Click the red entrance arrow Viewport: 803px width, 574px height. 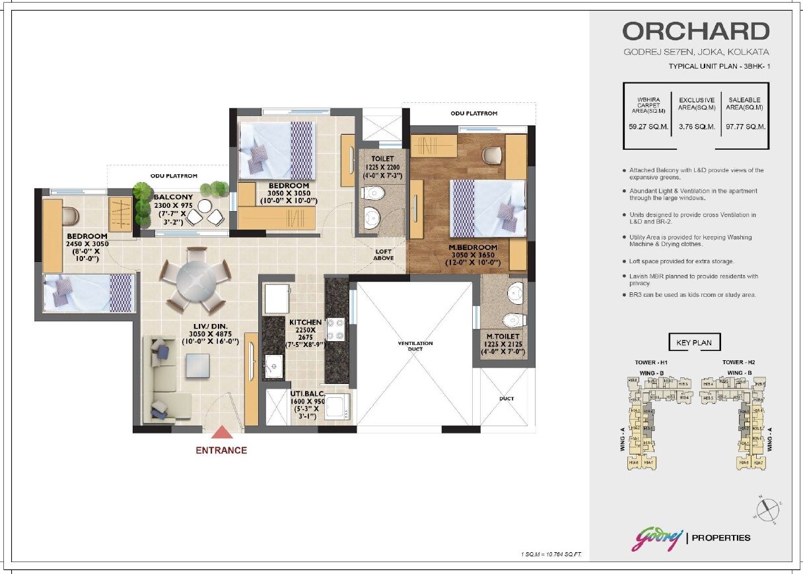tap(221, 433)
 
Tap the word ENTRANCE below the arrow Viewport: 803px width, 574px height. tap(221, 451)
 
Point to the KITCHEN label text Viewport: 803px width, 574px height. tap(305, 323)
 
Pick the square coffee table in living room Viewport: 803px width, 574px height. tap(197, 366)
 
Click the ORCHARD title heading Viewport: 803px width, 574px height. tap(695, 32)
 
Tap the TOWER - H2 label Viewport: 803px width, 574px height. tap(738, 362)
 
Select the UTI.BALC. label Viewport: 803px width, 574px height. tap(306, 394)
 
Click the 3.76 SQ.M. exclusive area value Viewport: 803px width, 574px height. tap(697, 127)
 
